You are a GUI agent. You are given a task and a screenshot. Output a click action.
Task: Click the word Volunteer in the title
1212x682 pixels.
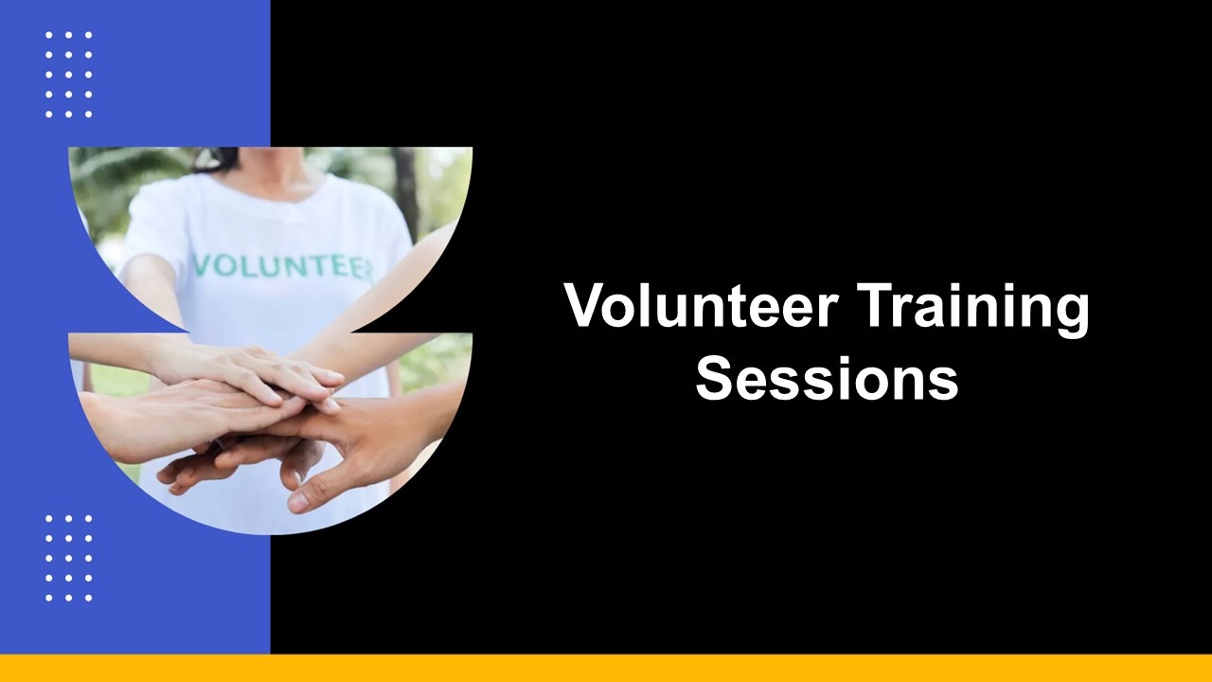coord(702,305)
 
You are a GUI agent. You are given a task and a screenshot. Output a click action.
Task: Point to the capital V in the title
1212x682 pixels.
coord(586,305)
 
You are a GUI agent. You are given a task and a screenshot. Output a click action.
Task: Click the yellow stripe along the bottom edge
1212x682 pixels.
coord(606,668)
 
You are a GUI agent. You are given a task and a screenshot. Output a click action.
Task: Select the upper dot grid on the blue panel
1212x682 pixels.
coord(69,75)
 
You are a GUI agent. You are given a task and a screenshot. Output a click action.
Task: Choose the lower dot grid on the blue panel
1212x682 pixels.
coord(69,558)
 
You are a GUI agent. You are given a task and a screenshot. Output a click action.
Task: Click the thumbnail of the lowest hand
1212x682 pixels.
coord(296,501)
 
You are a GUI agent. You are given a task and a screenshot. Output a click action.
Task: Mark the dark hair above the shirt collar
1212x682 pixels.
coord(218,158)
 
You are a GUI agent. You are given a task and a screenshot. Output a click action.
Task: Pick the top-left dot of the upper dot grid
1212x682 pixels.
coord(48,35)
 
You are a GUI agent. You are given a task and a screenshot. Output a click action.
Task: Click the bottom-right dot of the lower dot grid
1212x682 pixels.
coord(89,598)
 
